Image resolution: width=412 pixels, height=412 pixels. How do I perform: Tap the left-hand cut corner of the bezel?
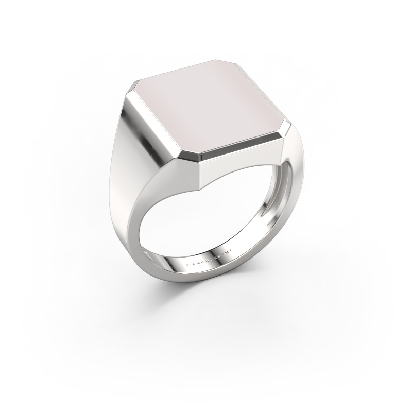pyautogui.click(x=135, y=88)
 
